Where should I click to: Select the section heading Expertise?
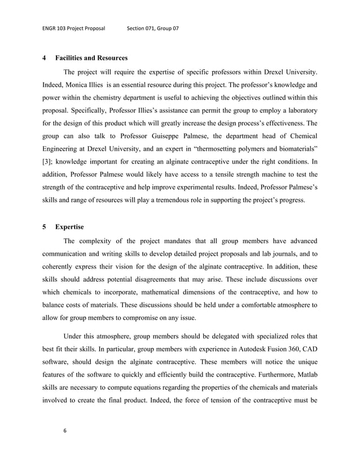69,227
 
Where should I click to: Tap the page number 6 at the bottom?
65,431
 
